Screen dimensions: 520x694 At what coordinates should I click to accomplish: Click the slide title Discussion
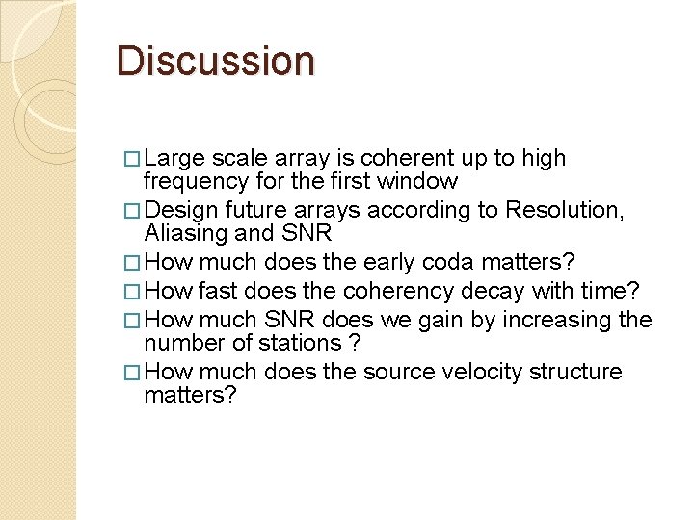point(215,60)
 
